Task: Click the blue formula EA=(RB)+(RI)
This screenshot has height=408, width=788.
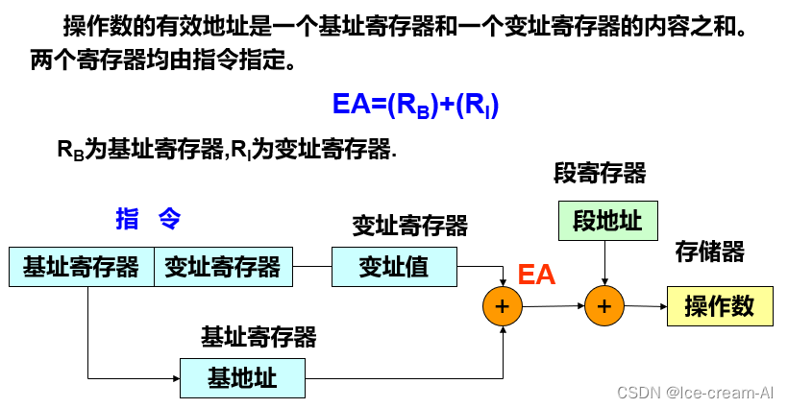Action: tap(414, 105)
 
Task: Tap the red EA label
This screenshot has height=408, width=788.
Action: tap(536, 275)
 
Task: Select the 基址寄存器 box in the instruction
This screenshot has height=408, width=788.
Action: tap(82, 267)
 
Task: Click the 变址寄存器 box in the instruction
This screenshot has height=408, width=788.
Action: tap(222, 267)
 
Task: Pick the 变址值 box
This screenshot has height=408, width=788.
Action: tap(394, 267)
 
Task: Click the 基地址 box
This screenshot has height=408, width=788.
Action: tap(242, 378)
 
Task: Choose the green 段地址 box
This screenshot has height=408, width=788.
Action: tap(607, 221)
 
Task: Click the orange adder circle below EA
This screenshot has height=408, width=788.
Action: tap(501, 306)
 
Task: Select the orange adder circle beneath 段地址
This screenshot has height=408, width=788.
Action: tap(603, 306)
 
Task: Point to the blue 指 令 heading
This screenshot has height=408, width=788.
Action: tap(148, 219)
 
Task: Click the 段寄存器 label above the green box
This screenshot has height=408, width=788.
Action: tap(600, 174)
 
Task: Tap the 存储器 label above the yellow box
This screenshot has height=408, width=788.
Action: tap(710, 252)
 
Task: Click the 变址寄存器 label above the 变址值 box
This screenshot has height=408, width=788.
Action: tap(409, 226)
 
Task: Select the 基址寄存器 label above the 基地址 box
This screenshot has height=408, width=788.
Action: tap(258, 337)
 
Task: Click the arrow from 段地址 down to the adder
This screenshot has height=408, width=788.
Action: tap(603, 263)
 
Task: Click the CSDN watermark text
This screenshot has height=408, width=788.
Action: tap(696, 392)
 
